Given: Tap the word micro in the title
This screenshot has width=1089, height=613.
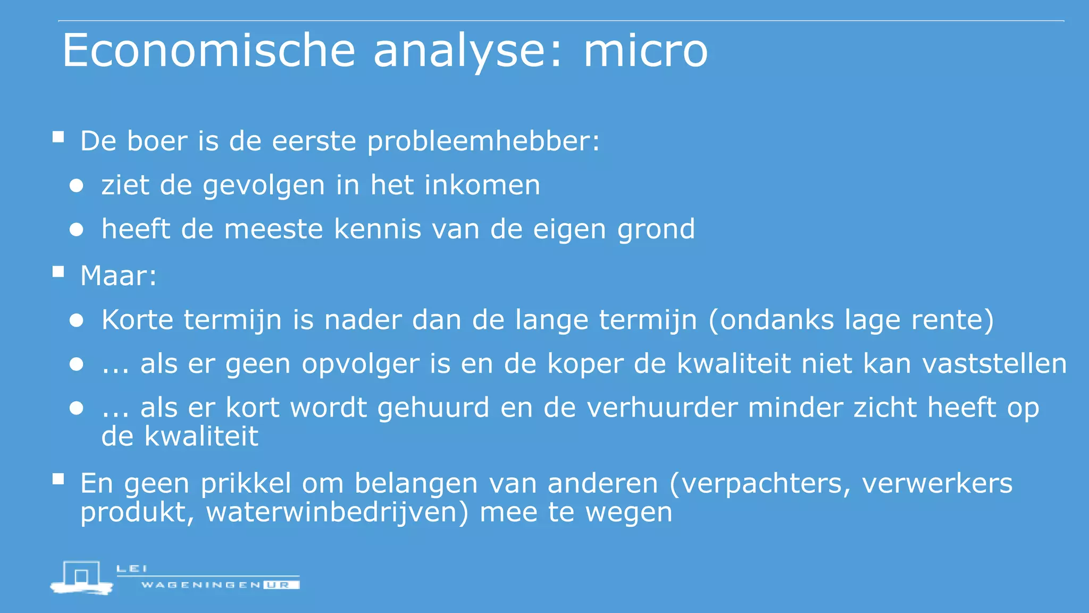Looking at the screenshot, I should tap(646, 51).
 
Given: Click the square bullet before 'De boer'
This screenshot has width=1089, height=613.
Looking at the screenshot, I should tap(58, 137).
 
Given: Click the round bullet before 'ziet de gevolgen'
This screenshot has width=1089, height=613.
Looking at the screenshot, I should tap(77, 186).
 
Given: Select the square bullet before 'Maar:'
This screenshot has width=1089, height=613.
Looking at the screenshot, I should tap(58, 272).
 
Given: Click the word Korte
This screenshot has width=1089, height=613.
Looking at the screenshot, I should tap(137, 320).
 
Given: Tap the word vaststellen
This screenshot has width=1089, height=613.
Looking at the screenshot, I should tap(994, 364).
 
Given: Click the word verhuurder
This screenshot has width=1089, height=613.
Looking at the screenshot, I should tap(661, 408).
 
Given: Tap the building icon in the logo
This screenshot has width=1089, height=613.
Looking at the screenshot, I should tap(81, 576).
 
